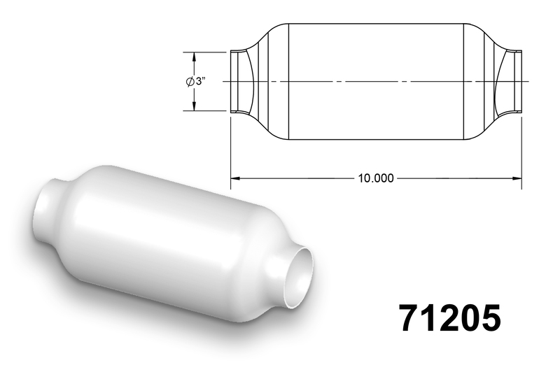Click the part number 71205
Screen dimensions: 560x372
point(450,318)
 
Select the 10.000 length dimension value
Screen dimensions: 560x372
point(376,178)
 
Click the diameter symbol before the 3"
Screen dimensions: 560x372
point(190,81)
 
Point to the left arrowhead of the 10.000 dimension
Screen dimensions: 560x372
point(235,178)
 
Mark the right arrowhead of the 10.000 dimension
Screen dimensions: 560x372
point(517,178)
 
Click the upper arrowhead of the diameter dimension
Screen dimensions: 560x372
point(195,57)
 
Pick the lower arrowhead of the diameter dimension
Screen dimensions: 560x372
point(195,106)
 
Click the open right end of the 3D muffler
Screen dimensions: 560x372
point(299,277)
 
